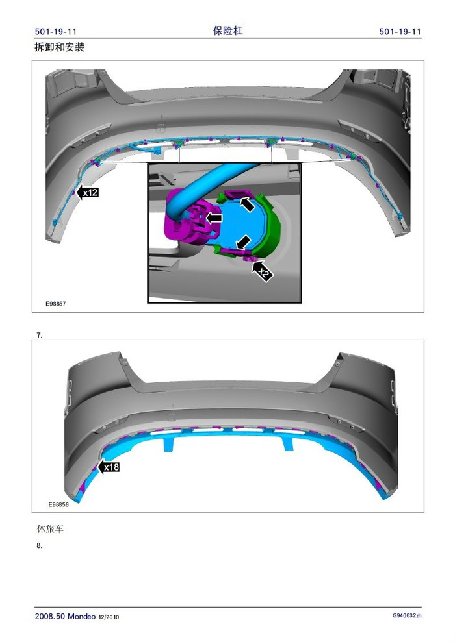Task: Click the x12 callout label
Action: [x=87, y=192]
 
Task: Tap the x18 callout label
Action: [x=109, y=467]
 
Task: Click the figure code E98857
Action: [x=55, y=304]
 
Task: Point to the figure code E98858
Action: [x=58, y=504]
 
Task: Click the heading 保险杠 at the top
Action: [x=228, y=31]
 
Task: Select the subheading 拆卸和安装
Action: [x=59, y=47]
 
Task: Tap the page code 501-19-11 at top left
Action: [x=56, y=32]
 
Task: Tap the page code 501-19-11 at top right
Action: [x=400, y=32]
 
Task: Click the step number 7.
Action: [x=40, y=335]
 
